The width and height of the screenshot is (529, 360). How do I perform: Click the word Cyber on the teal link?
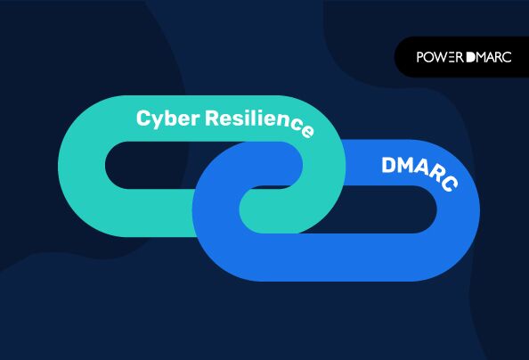coord(167,119)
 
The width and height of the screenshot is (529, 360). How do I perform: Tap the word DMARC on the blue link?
coord(419,174)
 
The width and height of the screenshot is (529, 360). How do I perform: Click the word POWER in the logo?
coord(440,57)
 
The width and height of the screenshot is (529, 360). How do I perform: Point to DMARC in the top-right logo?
coord(489,57)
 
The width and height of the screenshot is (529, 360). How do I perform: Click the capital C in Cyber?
coord(143,118)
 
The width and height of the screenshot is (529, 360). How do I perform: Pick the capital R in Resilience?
coord(213,118)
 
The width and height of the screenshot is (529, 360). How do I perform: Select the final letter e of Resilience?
coord(306,131)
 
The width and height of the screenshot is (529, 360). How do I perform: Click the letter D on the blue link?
coord(389,165)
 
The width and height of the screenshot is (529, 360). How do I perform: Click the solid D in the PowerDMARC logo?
coord(471,57)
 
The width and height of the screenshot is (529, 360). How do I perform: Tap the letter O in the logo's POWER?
coord(428,57)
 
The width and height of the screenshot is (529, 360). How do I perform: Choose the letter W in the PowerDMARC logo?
coord(442,57)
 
